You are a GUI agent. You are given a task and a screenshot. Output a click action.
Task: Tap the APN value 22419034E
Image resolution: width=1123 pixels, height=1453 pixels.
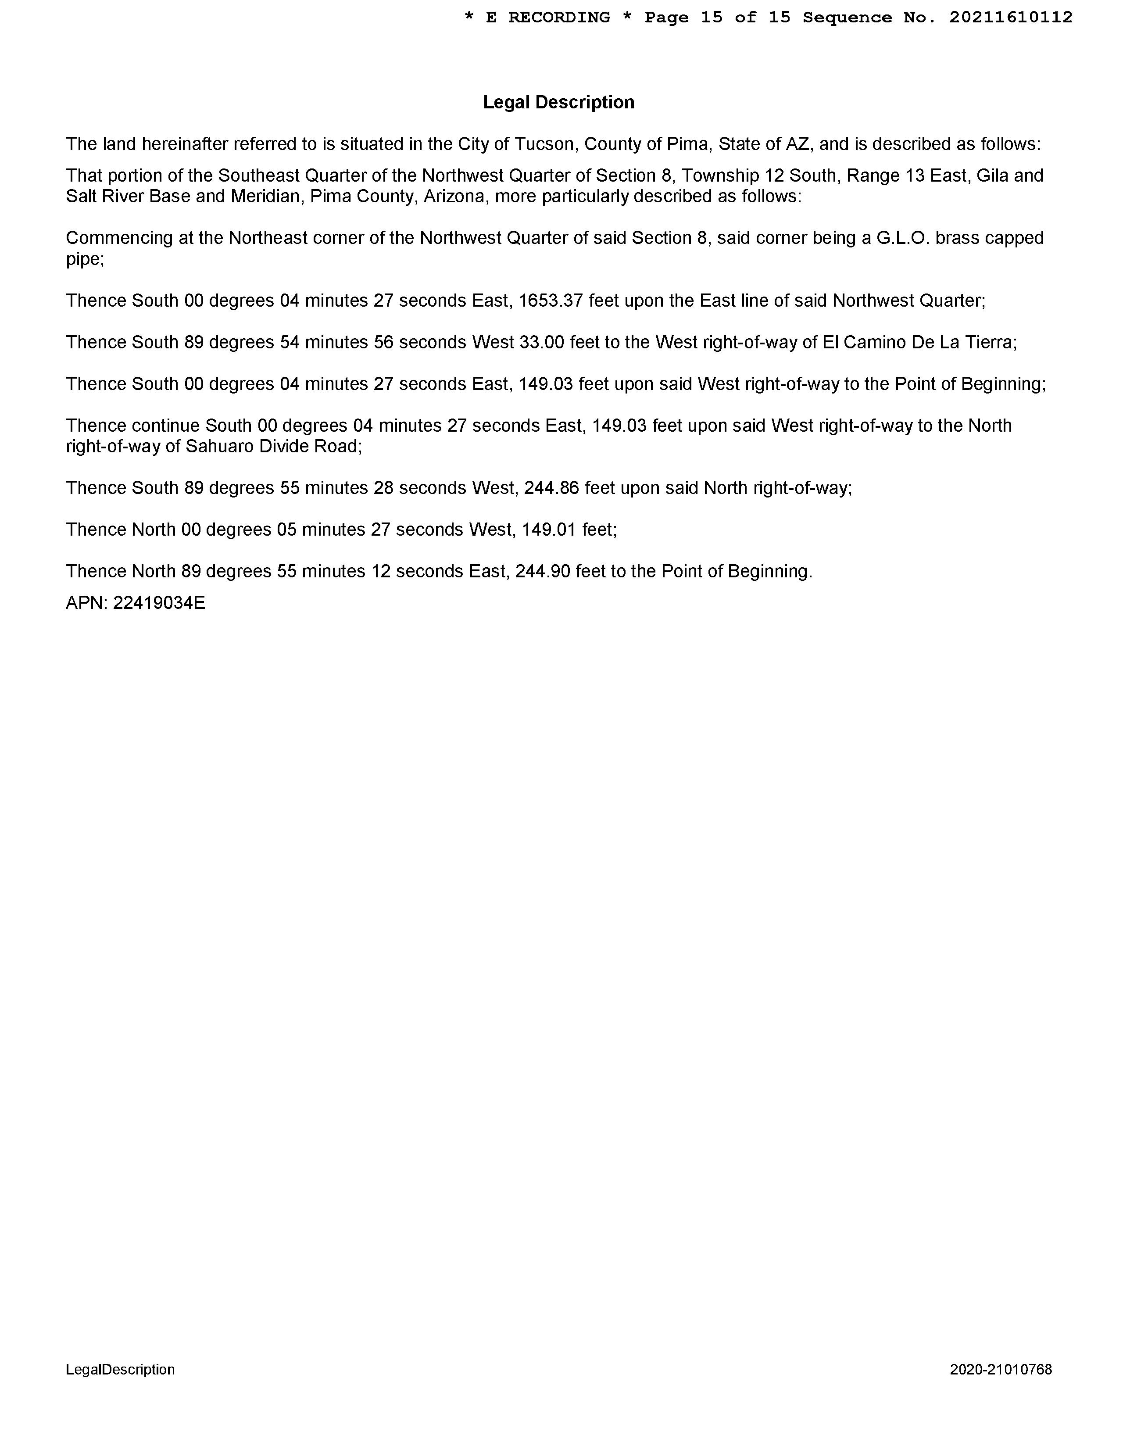tap(159, 603)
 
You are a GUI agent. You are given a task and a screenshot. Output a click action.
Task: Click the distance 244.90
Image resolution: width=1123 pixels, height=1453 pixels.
tap(542, 572)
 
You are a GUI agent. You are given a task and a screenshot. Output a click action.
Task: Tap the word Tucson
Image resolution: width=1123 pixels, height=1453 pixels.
tap(544, 144)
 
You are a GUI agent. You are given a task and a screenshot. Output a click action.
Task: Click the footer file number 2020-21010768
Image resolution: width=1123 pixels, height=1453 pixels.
tap(1001, 1369)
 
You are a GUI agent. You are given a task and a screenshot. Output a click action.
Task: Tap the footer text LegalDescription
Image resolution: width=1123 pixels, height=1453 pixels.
tap(121, 1369)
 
